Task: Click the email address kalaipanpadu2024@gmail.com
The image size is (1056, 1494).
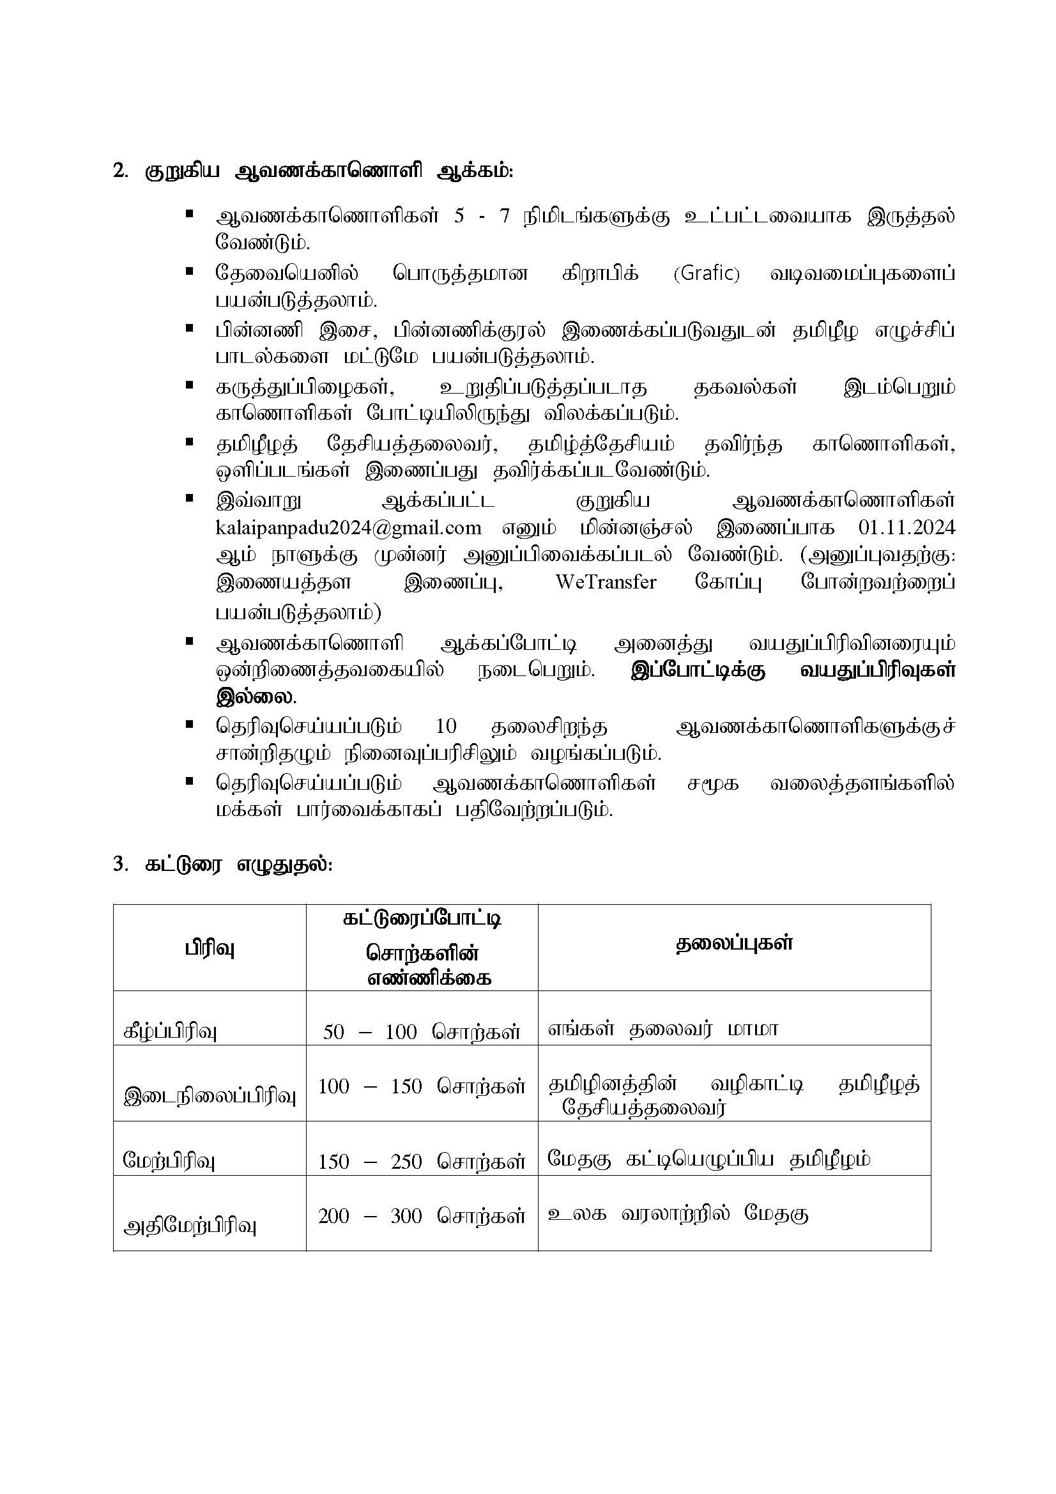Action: tap(348, 527)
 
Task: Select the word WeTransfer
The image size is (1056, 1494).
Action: tap(606, 581)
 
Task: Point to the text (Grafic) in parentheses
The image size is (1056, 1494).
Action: tap(707, 273)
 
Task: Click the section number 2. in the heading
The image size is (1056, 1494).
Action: tap(120, 172)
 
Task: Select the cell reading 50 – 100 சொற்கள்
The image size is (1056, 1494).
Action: tap(422, 1031)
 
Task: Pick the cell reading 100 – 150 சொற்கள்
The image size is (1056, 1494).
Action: tap(422, 1086)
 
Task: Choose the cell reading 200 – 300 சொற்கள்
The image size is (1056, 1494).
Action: tap(422, 1215)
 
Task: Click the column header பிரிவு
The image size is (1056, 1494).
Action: tap(209, 949)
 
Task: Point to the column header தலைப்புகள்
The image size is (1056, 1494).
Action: tap(734, 944)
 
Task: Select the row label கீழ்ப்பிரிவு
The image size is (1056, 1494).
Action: tap(170, 1032)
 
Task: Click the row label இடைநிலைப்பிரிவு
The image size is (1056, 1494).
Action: tap(210, 1097)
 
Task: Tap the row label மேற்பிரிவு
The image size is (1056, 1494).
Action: tap(169, 1162)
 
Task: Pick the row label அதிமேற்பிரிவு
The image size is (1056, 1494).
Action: tap(190, 1226)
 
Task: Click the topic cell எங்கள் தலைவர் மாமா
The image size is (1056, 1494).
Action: tap(662, 1029)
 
